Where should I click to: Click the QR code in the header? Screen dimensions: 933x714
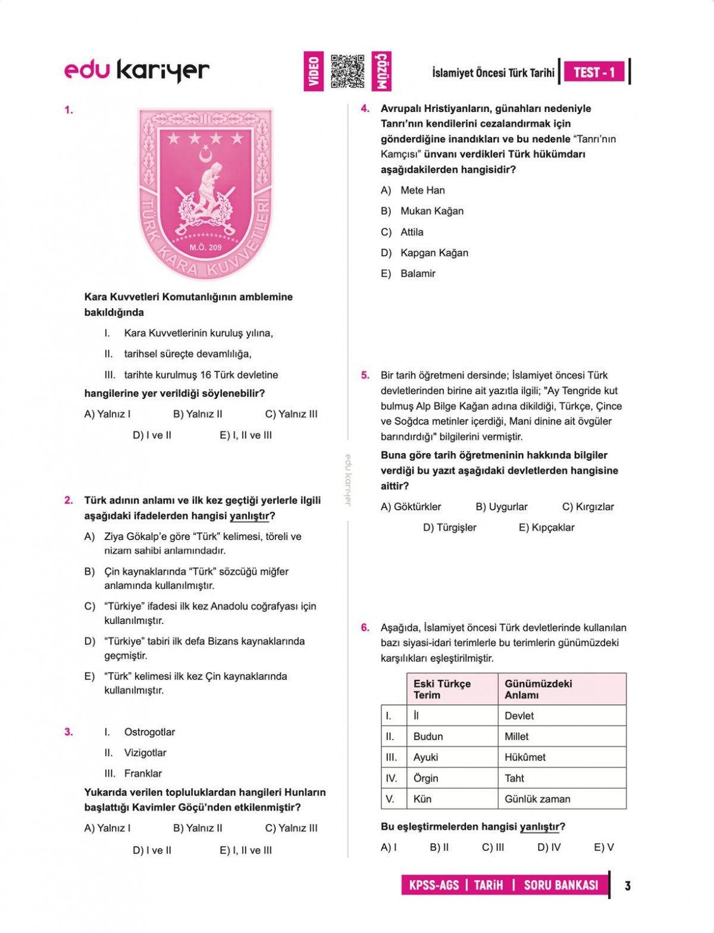click(347, 71)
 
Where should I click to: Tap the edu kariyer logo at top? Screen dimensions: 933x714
click(137, 70)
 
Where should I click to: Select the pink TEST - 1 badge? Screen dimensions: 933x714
click(594, 73)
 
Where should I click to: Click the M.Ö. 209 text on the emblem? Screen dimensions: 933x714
click(205, 247)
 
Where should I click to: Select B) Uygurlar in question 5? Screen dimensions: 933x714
click(501, 507)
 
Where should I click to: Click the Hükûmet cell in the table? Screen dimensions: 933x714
click(525, 757)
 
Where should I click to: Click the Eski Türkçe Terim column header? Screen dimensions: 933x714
click(442, 689)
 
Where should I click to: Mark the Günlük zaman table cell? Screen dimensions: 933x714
click(537, 799)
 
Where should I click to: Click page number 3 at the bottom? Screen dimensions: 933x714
click(628, 886)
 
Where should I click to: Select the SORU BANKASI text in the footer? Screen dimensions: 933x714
click(560, 885)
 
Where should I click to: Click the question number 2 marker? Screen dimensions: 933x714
click(68, 500)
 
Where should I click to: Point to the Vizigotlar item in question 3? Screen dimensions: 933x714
click(145, 753)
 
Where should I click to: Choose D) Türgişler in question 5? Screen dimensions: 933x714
click(449, 528)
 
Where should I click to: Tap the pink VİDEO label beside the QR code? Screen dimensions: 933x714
click(314, 71)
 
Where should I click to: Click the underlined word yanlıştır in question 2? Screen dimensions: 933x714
click(249, 516)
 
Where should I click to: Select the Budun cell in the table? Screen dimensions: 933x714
click(428, 737)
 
